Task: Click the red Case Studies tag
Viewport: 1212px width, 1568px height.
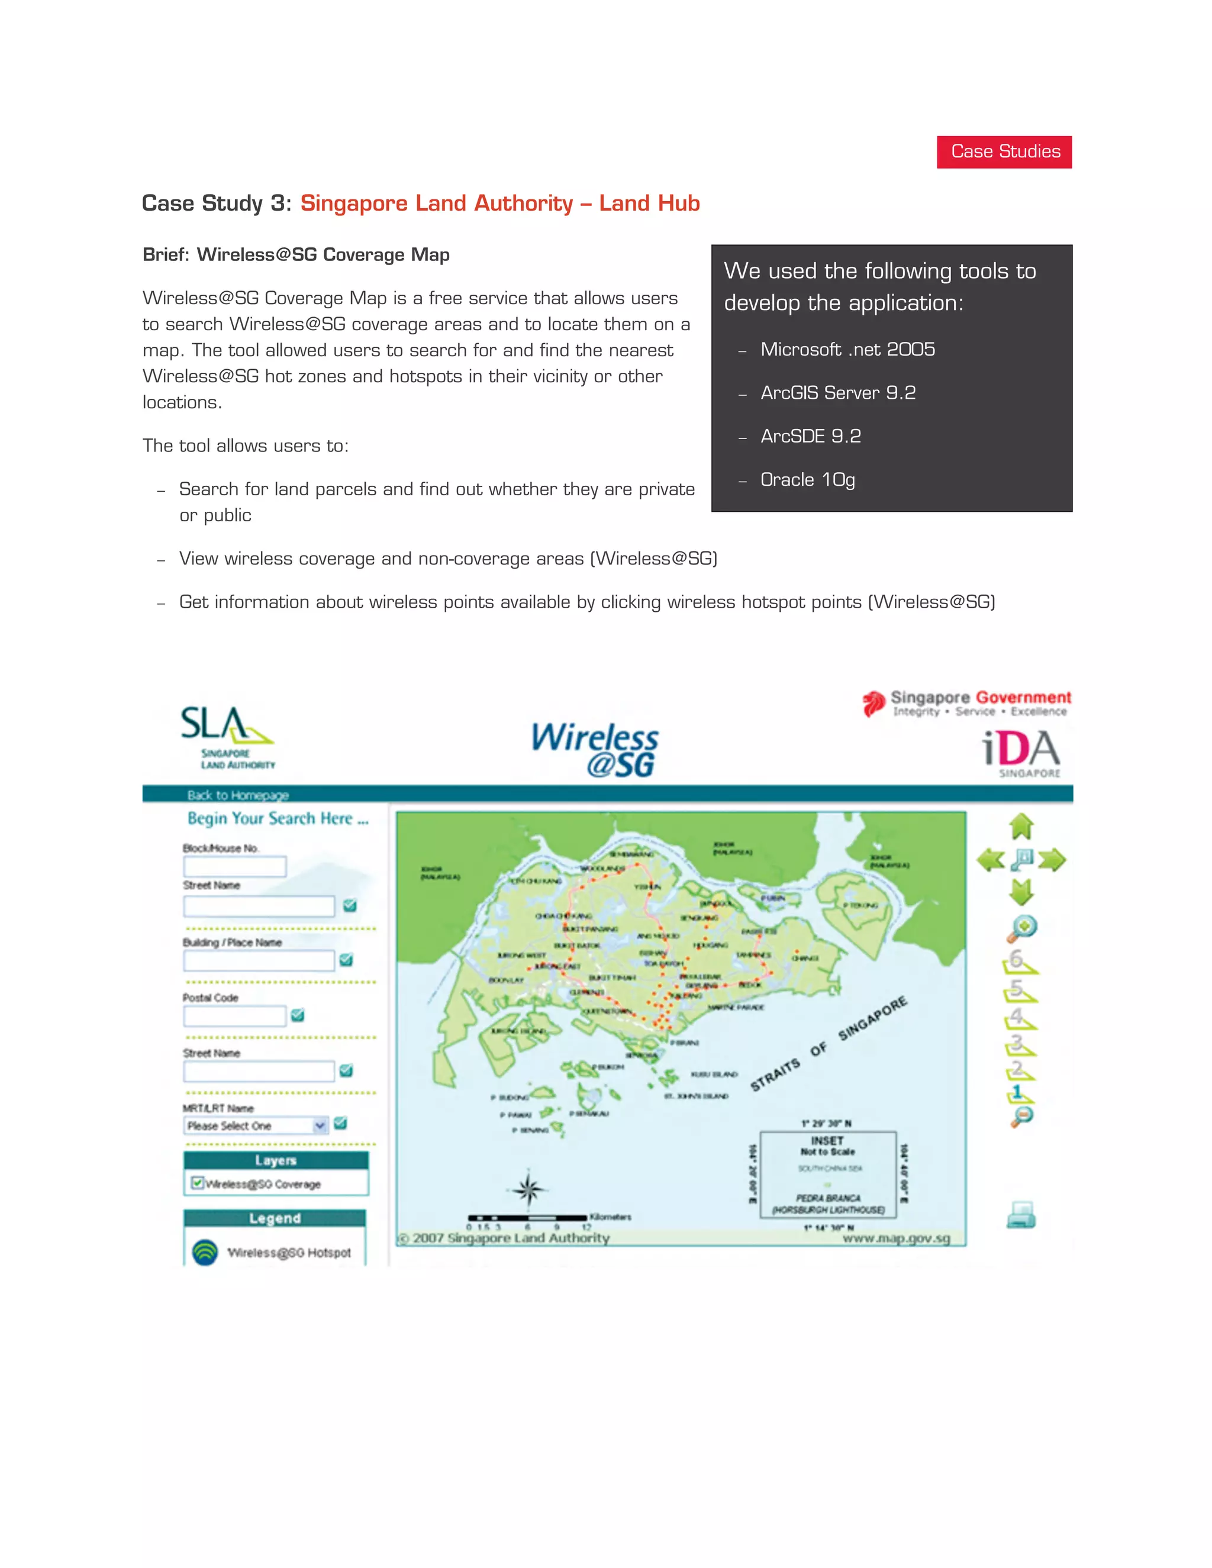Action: [x=1004, y=151]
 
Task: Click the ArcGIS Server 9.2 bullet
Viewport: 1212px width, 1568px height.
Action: [x=837, y=393]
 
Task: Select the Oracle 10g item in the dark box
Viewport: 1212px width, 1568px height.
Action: [x=807, y=480]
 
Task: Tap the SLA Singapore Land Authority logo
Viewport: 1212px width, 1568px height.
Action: [x=227, y=737]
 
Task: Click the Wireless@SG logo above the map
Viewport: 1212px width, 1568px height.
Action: [x=595, y=750]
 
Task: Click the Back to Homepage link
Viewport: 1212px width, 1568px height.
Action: [x=238, y=795]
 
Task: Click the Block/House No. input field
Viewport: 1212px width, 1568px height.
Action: [x=235, y=867]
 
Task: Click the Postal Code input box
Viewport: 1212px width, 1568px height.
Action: [x=235, y=1016]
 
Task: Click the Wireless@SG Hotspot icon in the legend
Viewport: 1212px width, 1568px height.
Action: [x=205, y=1252]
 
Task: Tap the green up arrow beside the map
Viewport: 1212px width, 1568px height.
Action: [x=1021, y=827]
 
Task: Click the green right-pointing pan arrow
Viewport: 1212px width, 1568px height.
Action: [x=1052, y=859]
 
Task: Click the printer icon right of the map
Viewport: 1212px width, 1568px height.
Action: [x=1021, y=1215]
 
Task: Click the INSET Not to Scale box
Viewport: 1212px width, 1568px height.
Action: [x=828, y=1174]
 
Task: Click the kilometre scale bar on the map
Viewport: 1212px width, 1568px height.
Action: [x=527, y=1218]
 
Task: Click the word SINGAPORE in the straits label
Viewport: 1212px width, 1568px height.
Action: [x=872, y=1018]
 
